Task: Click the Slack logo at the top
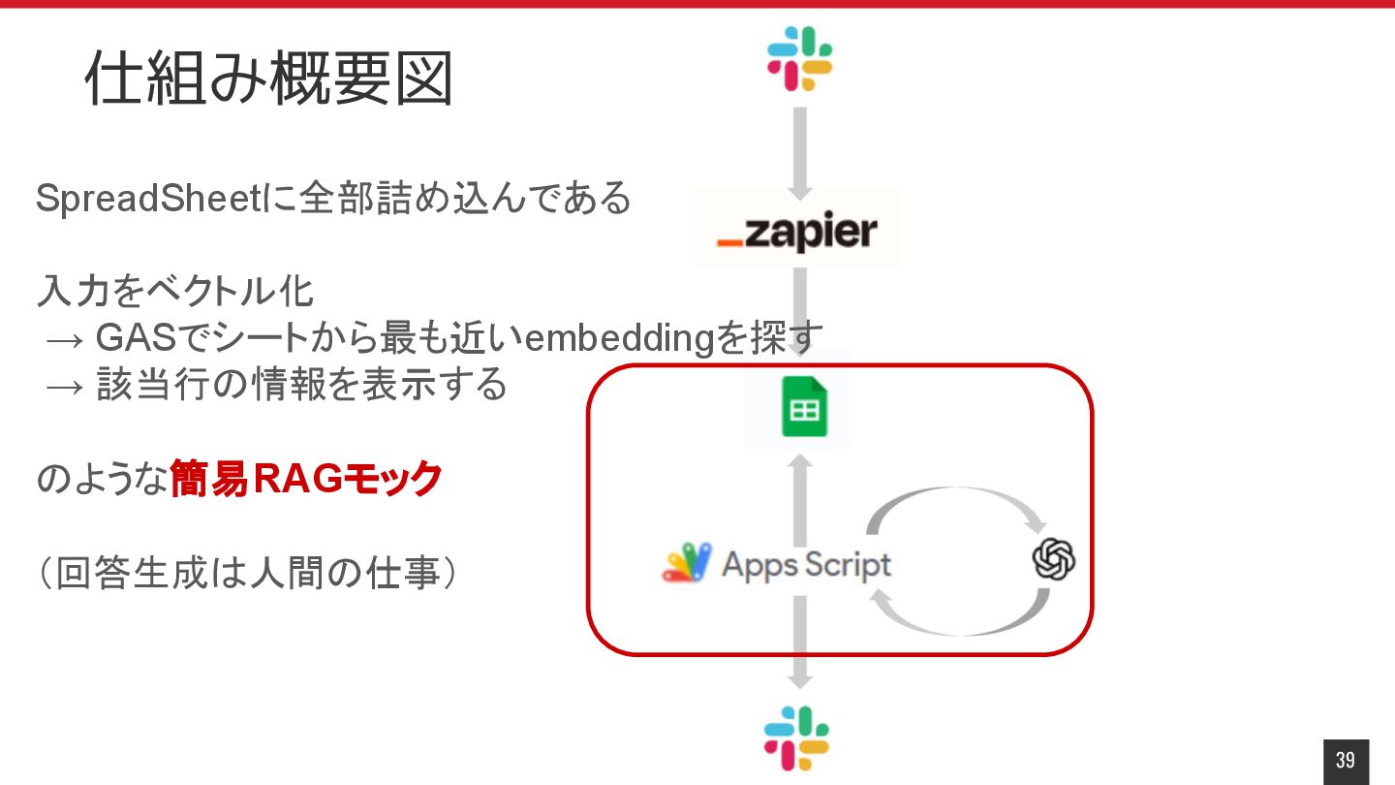click(799, 58)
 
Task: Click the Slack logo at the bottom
click(796, 738)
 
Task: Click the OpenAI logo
click(1053, 560)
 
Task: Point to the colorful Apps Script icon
click(686, 563)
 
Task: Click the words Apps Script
click(806, 564)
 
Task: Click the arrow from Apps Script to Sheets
click(800, 499)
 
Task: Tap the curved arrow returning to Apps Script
click(959, 620)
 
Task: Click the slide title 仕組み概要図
click(268, 78)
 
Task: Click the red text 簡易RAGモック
click(306, 480)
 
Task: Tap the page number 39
click(1346, 761)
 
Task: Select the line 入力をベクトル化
click(175, 291)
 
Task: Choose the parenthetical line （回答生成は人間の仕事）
click(247, 574)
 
